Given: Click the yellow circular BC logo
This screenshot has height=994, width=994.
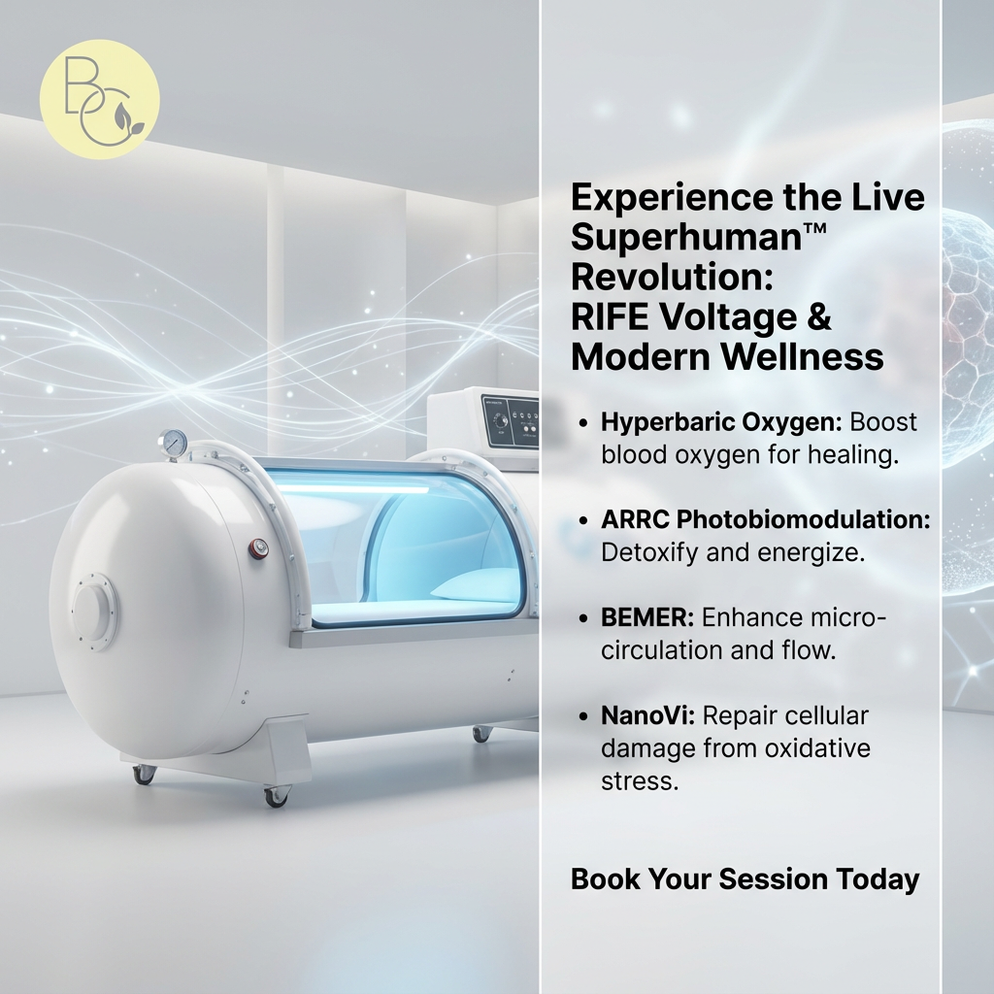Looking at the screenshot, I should pyautogui.click(x=99, y=99).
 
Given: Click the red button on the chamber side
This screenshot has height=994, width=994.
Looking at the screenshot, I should pyautogui.click(x=258, y=549).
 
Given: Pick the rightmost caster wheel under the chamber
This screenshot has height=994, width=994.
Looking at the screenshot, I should pyautogui.click(x=481, y=733).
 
